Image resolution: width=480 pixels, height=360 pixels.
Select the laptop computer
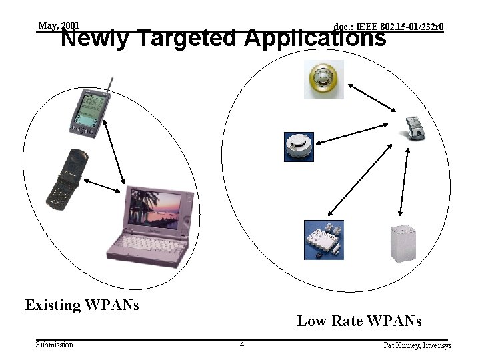(x=151, y=223)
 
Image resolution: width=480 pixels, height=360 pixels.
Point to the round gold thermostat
(x=324, y=79)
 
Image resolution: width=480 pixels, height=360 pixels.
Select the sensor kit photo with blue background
(x=324, y=239)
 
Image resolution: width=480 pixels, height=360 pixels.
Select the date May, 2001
(x=59, y=26)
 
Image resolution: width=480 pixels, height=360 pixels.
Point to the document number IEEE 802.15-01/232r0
(x=389, y=27)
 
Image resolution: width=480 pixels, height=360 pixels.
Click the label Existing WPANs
(x=82, y=305)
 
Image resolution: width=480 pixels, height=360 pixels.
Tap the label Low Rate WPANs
(x=359, y=321)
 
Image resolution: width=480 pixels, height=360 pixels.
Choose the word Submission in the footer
(x=55, y=345)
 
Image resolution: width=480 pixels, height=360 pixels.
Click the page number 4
(x=242, y=345)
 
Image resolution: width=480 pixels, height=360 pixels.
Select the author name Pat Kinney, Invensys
(x=417, y=345)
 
